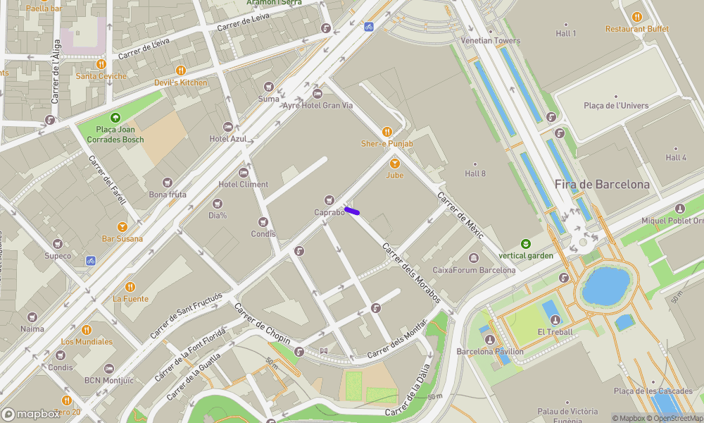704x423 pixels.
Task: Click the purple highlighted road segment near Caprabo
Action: click(x=353, y=210)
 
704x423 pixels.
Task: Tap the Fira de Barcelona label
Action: click(x=602, y=185)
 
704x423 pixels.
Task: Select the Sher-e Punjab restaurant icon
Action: click(x=386, y=132)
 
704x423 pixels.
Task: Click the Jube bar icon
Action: click(x=394, y=163)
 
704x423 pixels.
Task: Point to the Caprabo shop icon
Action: click(x=329, y=201)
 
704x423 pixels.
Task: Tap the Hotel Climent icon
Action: click(x=244, y=173)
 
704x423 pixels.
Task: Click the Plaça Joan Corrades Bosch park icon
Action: click(x=115, y=118)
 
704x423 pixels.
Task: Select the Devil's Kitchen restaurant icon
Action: click(x=181, y=70)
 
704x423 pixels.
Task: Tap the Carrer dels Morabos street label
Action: click(x=411, y=274)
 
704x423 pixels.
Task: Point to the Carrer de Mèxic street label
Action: click(x=460, y=215)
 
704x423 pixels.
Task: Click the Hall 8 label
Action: click(x=475, y=173)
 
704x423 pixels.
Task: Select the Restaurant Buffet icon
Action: click(x=637, y=17)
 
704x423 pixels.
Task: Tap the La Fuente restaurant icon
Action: click(x=130, y=287)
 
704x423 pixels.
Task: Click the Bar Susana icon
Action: click(x=122, y=227)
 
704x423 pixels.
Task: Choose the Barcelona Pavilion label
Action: click(x=490, y=351)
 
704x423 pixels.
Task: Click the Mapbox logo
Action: click(x=31, y=414)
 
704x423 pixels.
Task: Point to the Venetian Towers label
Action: click(x=491, y=41)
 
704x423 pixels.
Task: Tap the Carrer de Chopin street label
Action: click(x=262, y=324)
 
